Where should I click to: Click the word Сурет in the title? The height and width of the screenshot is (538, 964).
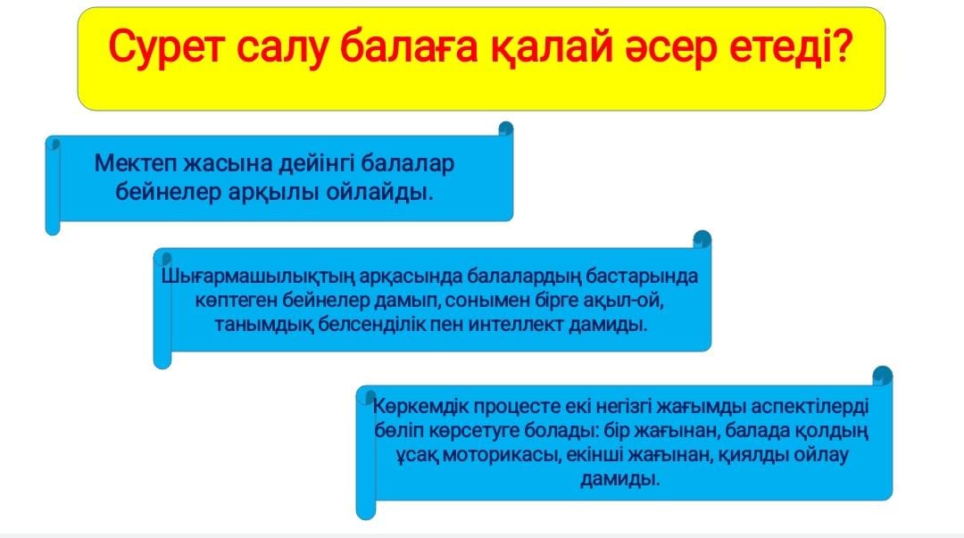pyautogui.click(x=166, y=48)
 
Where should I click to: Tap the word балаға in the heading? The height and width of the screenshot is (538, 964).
pyautogui.click(x=408, y=48)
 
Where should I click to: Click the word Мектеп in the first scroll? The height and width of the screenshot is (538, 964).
pyautogui.click(x=135, y=163)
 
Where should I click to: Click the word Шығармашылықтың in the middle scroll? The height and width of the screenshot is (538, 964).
pyautogui.click(x=258, y=277)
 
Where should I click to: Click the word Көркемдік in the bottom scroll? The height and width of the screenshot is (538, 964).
pyautogui.click(x=420, y=407)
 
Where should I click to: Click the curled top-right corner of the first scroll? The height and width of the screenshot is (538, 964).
pyautogui.click(x=505, y=128)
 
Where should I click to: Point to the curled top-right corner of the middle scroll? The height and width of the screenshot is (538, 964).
pyautogui.click(x=702, y=239)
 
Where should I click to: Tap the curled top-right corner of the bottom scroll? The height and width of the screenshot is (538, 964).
pyautogui.click(x=882, y=376)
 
